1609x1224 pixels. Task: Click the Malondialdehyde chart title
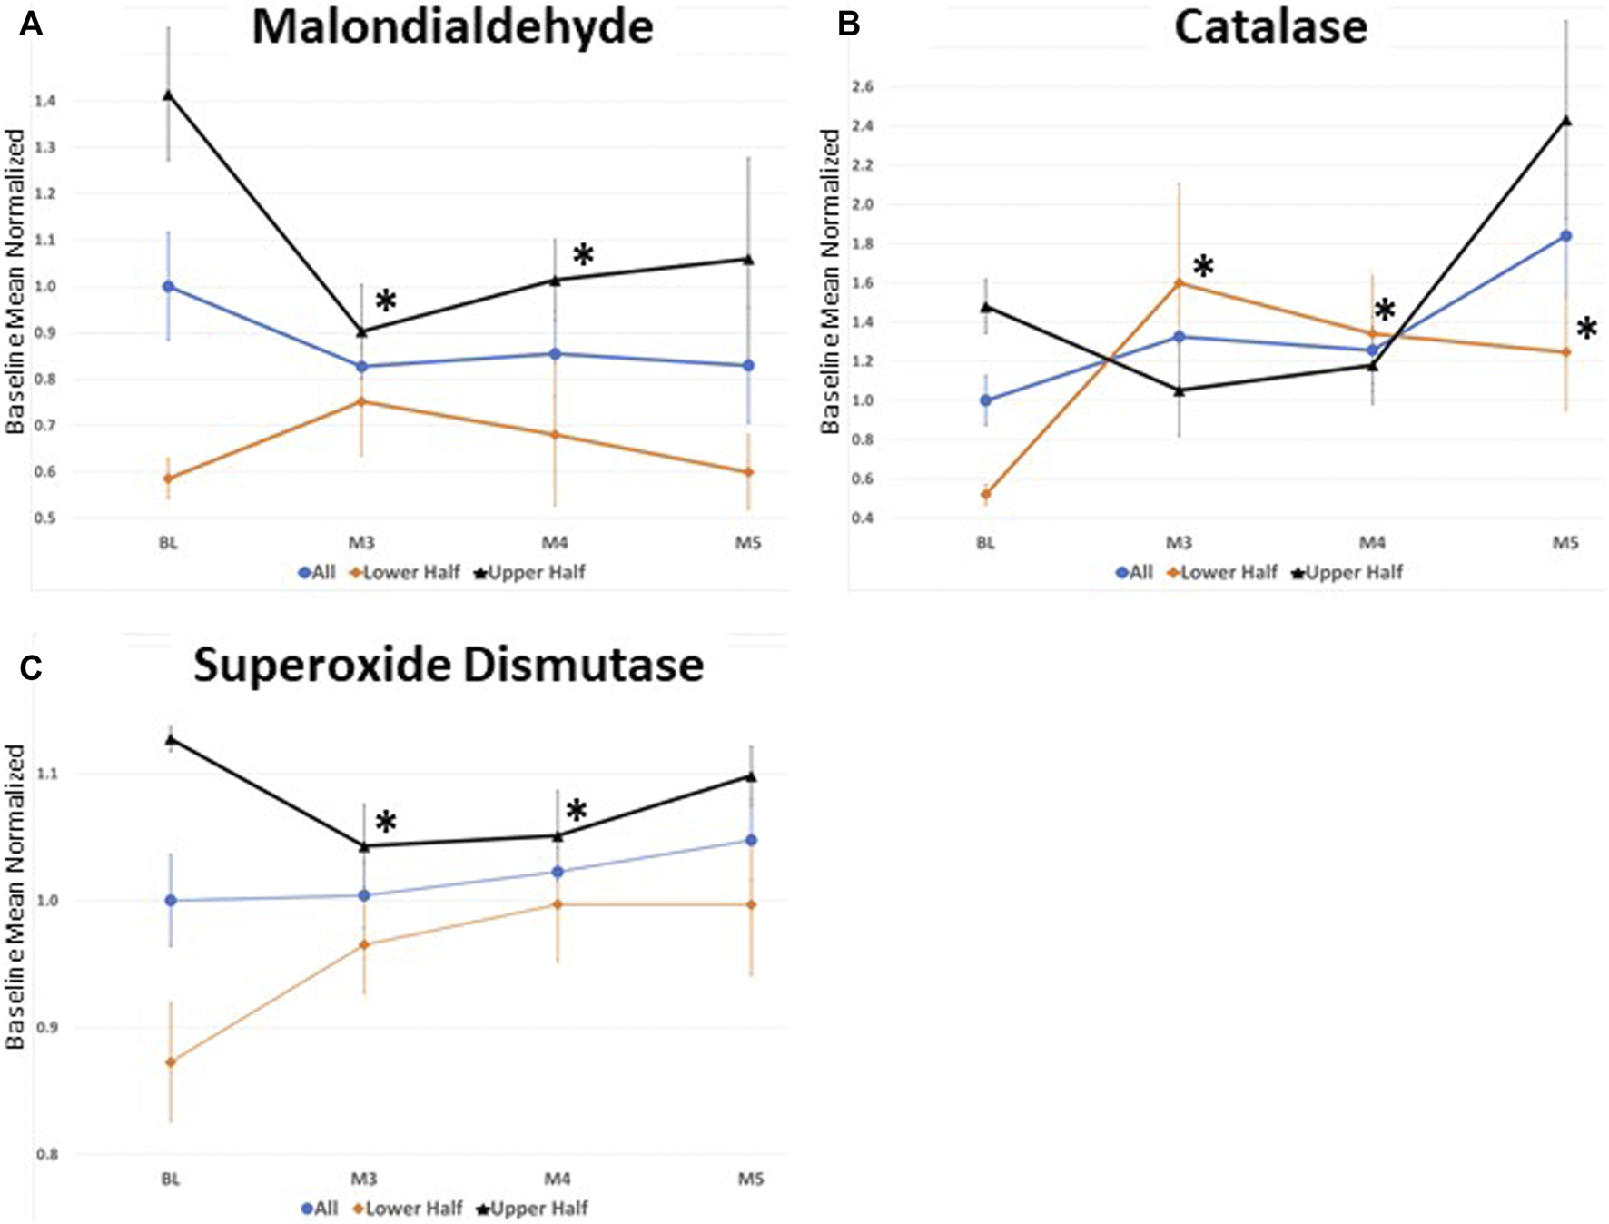tap(452, 27)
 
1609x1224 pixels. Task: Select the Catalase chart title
tap(1270, 27)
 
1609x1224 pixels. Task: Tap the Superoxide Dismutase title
tap(449, 666)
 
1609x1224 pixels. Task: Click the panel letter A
tap(31, 25)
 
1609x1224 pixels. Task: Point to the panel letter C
tap(31, 668)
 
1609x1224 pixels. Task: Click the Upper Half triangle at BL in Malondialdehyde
tap(168, 94)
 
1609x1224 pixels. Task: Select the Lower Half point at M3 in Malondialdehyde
tap(362, 401)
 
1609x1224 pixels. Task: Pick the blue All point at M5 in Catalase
tap(1566, 236)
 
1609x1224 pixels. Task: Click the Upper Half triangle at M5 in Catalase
tap(1566, 120)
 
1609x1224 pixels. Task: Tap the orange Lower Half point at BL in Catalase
tap(986, 495)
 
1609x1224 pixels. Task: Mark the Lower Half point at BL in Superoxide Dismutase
tap(170, 1061)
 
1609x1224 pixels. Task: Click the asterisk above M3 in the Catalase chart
tap(1203, 267)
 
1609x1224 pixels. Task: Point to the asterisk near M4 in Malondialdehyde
tap(583, 255)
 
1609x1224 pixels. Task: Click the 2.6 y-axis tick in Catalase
tap(863, 87)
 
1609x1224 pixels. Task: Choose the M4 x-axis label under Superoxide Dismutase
tap(557, 1180)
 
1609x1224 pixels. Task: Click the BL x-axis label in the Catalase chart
tap(986, 544)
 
